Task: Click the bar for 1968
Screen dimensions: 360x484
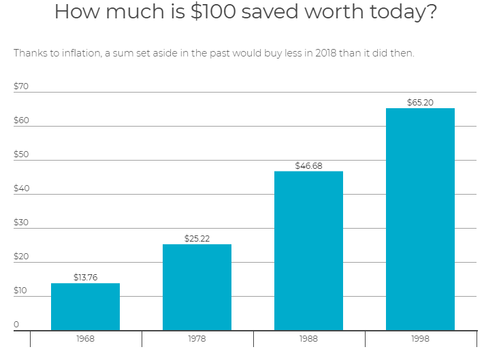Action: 85,307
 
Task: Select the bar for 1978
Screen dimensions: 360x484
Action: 197,287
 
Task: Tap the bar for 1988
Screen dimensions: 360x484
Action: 308,250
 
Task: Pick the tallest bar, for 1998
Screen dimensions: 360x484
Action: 420,219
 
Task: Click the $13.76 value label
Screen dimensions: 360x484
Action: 85,278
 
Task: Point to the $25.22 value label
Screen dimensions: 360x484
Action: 197,239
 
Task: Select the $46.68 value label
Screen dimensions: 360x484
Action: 308,165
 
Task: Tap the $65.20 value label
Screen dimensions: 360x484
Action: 420,103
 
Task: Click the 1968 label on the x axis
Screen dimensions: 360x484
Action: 85,339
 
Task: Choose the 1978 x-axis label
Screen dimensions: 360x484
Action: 197,339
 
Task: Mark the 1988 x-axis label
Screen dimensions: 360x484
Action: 308,339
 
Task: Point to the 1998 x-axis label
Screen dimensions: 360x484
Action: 420,339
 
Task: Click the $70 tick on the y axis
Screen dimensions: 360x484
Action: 21,86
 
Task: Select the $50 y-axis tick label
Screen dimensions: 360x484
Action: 21,154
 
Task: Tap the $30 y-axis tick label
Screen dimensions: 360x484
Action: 21,223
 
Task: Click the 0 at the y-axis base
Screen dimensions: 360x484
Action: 16,325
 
